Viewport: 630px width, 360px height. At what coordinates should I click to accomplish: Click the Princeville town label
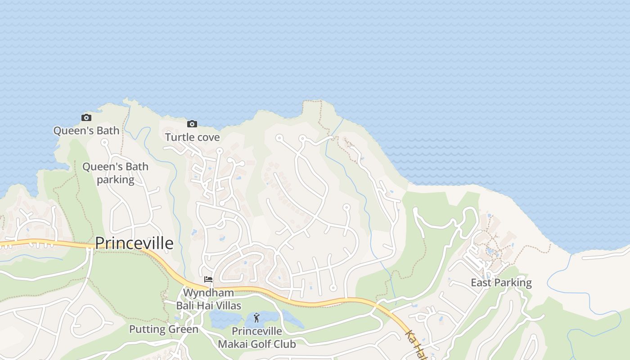pyautogui.click(x=134, y=243)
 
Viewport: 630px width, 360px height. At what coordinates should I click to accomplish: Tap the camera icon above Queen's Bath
pyautogui.click(x=86, y=118)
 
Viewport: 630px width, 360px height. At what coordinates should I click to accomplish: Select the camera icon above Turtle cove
pyautogui.click(x=192, y=124)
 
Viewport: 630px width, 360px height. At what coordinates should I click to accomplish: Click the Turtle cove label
pyautogui.click(x=192, y=137)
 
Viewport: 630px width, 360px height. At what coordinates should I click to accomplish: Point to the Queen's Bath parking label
pyautogui.click(x=115, y=173)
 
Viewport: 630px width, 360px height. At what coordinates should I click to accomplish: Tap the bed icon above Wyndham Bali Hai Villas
pyautogui.click(x=208, y=279)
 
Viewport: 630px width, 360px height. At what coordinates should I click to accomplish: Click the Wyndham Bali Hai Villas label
pyautogui.click(x=208, y=299)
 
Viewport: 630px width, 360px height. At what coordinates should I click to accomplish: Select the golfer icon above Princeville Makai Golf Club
pyautogui.click(x=256, y=318)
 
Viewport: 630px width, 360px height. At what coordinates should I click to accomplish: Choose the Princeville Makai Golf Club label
pyautogui.click(x=257, y=338)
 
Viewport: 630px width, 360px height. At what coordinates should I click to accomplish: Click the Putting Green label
pyautogui.click(x=164, y=329)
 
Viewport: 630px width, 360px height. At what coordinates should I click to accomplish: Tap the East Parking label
pyautogui.click(x=501, y=283)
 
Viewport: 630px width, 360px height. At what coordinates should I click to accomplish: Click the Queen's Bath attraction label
pyautogui.click(x=86, y=130)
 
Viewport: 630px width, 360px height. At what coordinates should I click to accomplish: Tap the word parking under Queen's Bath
pyautogui.click(x=116, y=180)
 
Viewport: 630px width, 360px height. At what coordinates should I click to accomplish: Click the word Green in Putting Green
pyautogui.click(x=184, y=329)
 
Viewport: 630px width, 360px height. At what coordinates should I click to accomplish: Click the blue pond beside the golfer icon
pyautogui.click(x=225, y=319)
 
